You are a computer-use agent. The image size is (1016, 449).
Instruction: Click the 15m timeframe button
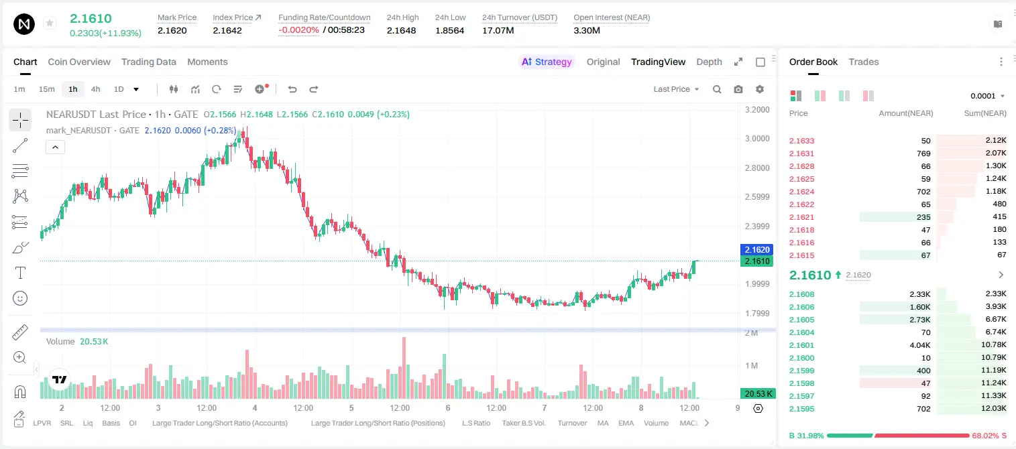(46, 89)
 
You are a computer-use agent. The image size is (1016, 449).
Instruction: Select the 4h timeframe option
(95, 89)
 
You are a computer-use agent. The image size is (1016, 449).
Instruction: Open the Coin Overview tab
(79, 62)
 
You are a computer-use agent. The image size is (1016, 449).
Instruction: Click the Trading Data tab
(149, 62)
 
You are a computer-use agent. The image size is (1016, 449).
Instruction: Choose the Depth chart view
(709, 62)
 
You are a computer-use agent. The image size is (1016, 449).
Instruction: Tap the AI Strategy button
(547, 62)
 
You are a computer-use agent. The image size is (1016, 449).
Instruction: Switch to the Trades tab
(864, 62)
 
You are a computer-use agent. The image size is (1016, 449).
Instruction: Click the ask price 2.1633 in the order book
(801, 141)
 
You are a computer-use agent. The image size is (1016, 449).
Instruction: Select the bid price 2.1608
(801, 294)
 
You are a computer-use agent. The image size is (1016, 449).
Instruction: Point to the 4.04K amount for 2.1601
(920, 345)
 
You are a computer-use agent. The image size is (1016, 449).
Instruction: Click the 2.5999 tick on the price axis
(757, 196)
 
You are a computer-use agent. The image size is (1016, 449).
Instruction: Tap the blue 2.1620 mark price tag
(756, 250)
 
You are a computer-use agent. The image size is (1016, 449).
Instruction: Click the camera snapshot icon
(738, 89)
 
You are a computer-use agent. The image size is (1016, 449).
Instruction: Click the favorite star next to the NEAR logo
(50, 23)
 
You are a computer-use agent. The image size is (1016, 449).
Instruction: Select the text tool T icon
(20, 273)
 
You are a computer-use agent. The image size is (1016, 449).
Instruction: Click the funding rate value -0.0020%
(298, 30)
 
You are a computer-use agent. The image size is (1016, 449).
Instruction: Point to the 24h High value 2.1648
(401, 30)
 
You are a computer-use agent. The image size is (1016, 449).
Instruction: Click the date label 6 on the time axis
(448, 407)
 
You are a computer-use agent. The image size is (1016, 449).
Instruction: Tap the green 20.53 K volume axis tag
(757, 394)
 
